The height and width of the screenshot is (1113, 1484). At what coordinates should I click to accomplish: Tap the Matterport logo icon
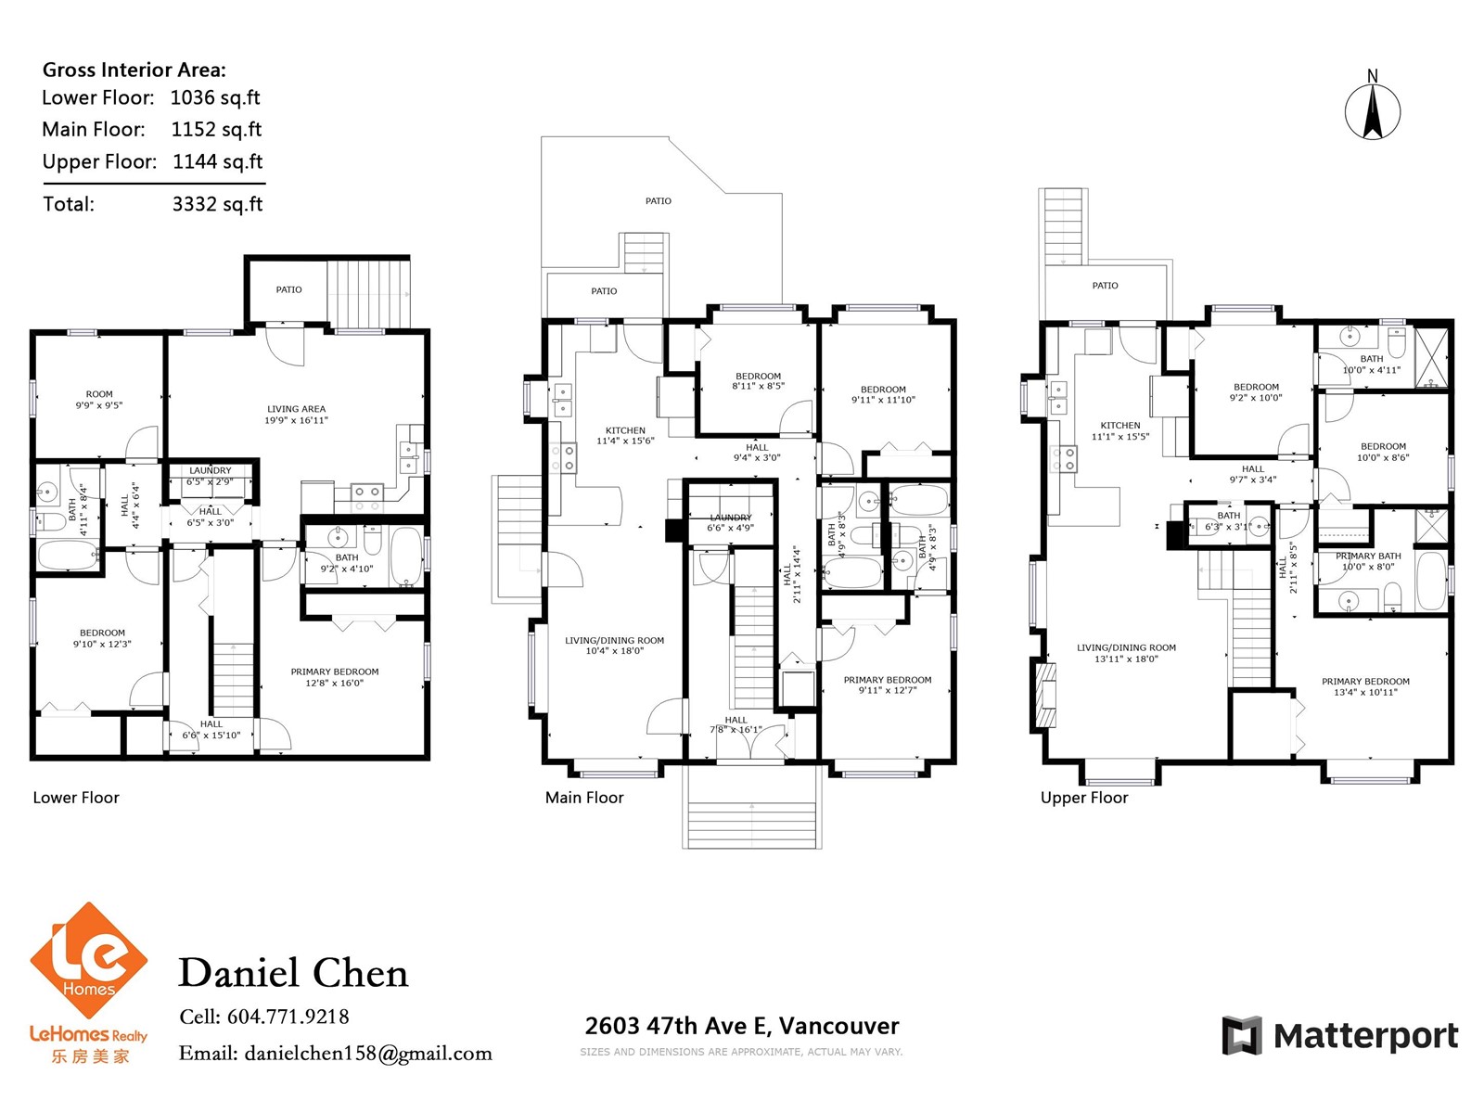point(1241,1034)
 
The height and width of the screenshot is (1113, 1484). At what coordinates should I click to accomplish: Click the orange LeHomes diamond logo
point(88,960)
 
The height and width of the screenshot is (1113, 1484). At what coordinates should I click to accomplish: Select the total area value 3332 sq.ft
point(217,204)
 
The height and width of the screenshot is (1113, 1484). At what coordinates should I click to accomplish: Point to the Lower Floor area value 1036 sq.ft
point(215,98)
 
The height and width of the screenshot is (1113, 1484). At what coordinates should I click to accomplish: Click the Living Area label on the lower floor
point(296,415)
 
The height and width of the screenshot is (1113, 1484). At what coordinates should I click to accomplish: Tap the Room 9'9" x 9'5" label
point(99,400)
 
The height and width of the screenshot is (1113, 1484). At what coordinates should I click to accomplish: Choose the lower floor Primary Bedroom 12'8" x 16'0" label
point(335,677)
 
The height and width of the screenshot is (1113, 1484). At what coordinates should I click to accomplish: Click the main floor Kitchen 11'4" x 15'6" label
point(625,435)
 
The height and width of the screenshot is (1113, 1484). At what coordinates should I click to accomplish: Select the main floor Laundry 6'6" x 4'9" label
point(730,522)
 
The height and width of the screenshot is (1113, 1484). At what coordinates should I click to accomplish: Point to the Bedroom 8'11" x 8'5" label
point(758,381)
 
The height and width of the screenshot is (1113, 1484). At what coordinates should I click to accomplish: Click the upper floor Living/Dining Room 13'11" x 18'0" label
point(1126,653)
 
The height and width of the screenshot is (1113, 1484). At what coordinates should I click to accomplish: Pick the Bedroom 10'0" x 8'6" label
point(1383,452)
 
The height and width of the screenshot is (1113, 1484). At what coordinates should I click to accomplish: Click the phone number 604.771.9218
point(288,1017)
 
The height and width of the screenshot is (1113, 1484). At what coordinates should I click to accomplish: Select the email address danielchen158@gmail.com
point(368,1054)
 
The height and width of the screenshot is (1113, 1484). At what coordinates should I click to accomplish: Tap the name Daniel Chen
point(293,973)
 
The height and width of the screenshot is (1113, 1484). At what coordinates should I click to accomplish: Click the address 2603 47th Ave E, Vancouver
point(742,1026)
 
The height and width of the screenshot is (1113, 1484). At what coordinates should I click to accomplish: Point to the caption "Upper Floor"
point(1084,798)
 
